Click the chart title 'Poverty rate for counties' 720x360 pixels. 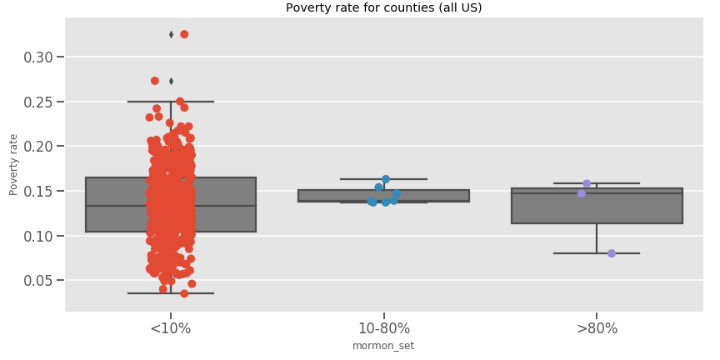click(x=383, y=8)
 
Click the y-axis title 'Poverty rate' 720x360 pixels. click(x=13, y=164)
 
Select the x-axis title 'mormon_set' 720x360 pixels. click(x=383, y=346)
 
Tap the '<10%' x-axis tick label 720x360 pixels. click(x=171, y=328)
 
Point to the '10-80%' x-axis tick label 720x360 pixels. click(x=383, y=328)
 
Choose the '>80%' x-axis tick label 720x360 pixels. click(x=597, y=328)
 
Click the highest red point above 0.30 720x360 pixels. click(x=184, y=34)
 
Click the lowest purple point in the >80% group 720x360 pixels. click(x=612, y=253)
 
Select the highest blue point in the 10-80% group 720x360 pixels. click(x=386, y=179)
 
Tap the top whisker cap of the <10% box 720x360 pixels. click(x=171, y=102)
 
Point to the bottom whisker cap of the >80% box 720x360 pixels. click(x=597, y=253)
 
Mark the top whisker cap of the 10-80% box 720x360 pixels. click(x=383, y=179)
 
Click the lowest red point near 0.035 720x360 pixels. click(x=184, y=293)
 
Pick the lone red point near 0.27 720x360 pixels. click(x=155, y=81)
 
